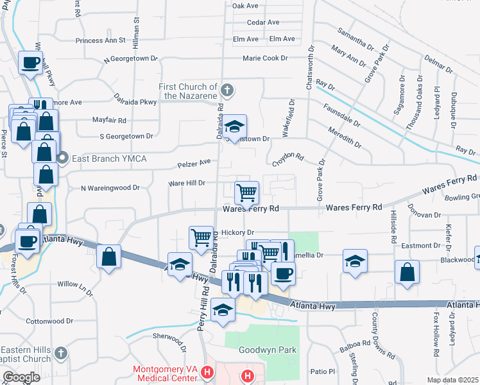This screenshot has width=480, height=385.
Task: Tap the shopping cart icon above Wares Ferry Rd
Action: (x=247, y=192)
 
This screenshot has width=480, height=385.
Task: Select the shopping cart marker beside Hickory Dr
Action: (x=201, y=237)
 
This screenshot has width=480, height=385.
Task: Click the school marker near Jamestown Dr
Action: (x=235, y=125)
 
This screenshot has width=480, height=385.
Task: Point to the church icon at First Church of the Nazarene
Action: (x=227, y=89)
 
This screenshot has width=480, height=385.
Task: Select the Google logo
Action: (x=21, y=377)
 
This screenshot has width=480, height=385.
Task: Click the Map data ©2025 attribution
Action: (x=452, y=380)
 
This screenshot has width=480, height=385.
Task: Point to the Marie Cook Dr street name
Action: (x=265, y=58)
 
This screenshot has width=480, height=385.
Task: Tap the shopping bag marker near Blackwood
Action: (x=407, y=271)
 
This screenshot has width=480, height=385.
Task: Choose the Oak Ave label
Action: (x=244, y=6)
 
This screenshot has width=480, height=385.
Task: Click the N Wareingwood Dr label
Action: (x=110, y=188)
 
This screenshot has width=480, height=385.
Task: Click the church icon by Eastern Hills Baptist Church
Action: (x=60, y=353)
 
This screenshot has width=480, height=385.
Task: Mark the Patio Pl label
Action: (x=323, y=372)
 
